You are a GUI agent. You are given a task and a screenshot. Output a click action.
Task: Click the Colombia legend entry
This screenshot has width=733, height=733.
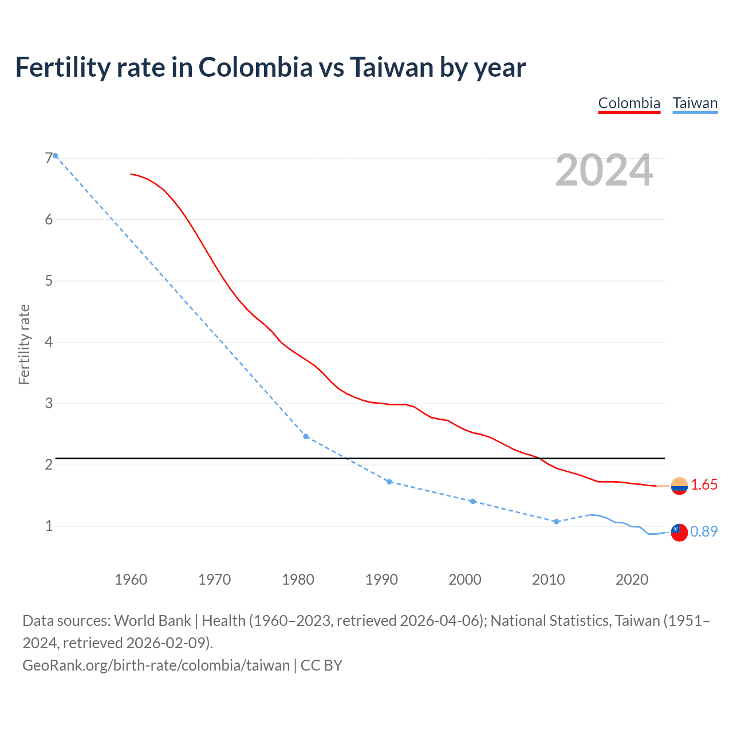(x=629, y=103)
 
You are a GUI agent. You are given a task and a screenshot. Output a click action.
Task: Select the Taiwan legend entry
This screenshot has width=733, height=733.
(x=695, y=103)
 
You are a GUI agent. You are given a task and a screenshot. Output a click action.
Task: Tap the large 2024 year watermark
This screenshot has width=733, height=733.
(x=604, y=170)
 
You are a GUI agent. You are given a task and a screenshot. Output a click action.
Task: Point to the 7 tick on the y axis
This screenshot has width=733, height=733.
(x=49, y=158)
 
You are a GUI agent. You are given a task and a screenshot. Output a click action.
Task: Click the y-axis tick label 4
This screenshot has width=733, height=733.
(x=49, y=342)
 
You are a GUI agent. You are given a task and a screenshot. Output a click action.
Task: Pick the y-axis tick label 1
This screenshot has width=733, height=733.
(x=49, y=526)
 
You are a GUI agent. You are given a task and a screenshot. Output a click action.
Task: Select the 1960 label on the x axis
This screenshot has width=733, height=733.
(x=131, y=580)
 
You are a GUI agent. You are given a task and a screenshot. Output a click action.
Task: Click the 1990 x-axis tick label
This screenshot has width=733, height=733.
(x=381, y=580)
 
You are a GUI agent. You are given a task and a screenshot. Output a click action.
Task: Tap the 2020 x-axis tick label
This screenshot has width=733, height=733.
(x=632, y=580)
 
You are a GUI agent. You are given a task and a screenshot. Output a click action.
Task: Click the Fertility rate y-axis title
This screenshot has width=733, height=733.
(x=24, y=345)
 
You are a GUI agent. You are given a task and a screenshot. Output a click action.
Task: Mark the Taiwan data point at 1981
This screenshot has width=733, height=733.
(x=306, y=436)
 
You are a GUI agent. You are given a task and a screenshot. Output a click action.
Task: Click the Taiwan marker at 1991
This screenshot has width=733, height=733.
(x=389, y=482)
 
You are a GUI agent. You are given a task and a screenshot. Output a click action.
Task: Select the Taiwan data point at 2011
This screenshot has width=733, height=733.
(x=556, y=521)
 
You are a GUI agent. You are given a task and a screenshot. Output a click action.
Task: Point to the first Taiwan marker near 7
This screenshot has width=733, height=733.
(x=55, y=155)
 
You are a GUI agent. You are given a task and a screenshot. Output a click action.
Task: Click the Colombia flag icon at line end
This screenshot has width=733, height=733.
(x=679, y=486)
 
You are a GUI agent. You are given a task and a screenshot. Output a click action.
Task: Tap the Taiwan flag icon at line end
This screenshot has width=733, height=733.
(x=679, y=532)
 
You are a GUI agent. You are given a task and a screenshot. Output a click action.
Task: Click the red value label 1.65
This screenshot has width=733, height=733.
(x=704, y=485)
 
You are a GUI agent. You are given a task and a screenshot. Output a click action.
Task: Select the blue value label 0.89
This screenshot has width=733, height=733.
(x=704, y=532)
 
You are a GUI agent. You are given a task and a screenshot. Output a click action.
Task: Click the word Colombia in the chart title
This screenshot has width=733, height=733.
(x=255, y=68)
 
